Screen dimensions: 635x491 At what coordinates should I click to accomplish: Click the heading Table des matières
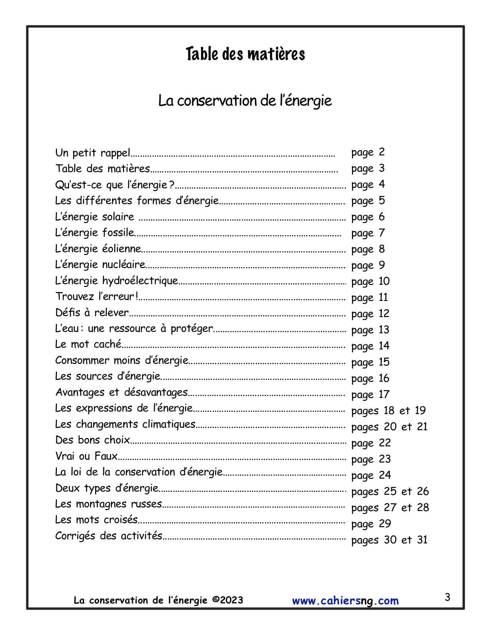pos(245,54)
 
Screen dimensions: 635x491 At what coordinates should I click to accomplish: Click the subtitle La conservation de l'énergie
pos(245,101)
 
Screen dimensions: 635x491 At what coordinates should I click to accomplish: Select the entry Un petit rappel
pos(93,153)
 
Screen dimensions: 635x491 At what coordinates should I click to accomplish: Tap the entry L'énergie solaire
pos(95,217)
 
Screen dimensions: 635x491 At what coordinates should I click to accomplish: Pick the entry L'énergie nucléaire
pos(100,265)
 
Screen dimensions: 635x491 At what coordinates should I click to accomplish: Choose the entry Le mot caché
pos(88,344)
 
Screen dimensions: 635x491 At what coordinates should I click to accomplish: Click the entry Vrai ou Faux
pos(86,456)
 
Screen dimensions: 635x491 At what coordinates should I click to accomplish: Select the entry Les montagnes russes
pos(108,504)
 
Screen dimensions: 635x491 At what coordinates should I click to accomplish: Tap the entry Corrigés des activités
pos(109,536)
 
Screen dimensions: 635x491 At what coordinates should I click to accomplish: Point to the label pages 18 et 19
pos(388,411)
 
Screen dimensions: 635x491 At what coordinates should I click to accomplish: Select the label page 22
pos(371,443)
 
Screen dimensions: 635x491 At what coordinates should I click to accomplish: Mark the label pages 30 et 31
pos(389,540)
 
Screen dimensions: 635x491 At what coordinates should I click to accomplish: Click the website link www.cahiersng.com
pos(345,601)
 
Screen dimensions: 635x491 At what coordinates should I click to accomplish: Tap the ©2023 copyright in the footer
pos(228,600)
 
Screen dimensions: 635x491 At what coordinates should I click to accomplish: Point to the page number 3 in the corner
pos(447,597)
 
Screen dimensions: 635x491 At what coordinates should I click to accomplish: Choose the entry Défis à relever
pos(92,312)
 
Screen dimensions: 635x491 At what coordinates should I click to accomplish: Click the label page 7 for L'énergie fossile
pos(368,233)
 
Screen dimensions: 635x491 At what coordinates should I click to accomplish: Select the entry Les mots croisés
pos(96,520)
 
